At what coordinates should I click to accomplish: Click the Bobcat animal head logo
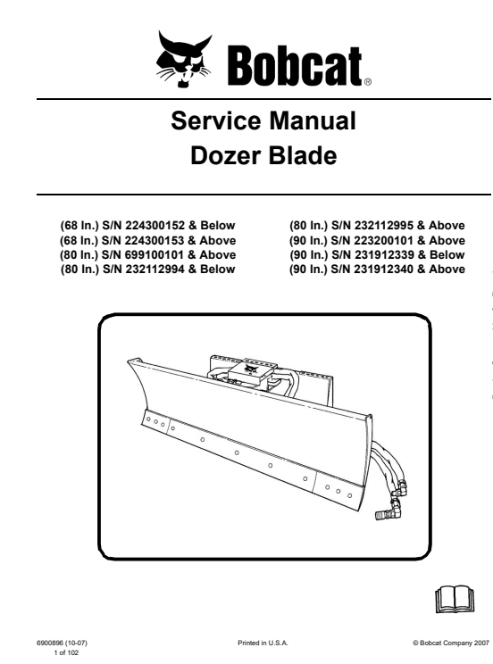pos(184,59)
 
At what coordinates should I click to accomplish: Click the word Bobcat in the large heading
pos(295,66)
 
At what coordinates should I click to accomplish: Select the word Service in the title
pos(216,120)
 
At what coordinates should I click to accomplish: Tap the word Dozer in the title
pos(225,156)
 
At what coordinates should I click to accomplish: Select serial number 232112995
pos(384,225)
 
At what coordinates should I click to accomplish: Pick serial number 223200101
pos(384,241)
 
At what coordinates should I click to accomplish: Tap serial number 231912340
pos(384,270)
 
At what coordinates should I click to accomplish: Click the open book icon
pos(455,599)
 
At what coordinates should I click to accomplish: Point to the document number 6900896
pos(50,643)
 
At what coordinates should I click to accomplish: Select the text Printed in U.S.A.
pos(263,643)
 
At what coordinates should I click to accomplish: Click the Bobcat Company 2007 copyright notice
pos(451,643)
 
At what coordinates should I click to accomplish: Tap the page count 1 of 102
pos(66,653)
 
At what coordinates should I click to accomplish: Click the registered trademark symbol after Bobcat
pos(368,83)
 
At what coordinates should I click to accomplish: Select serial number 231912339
pos(384,255)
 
